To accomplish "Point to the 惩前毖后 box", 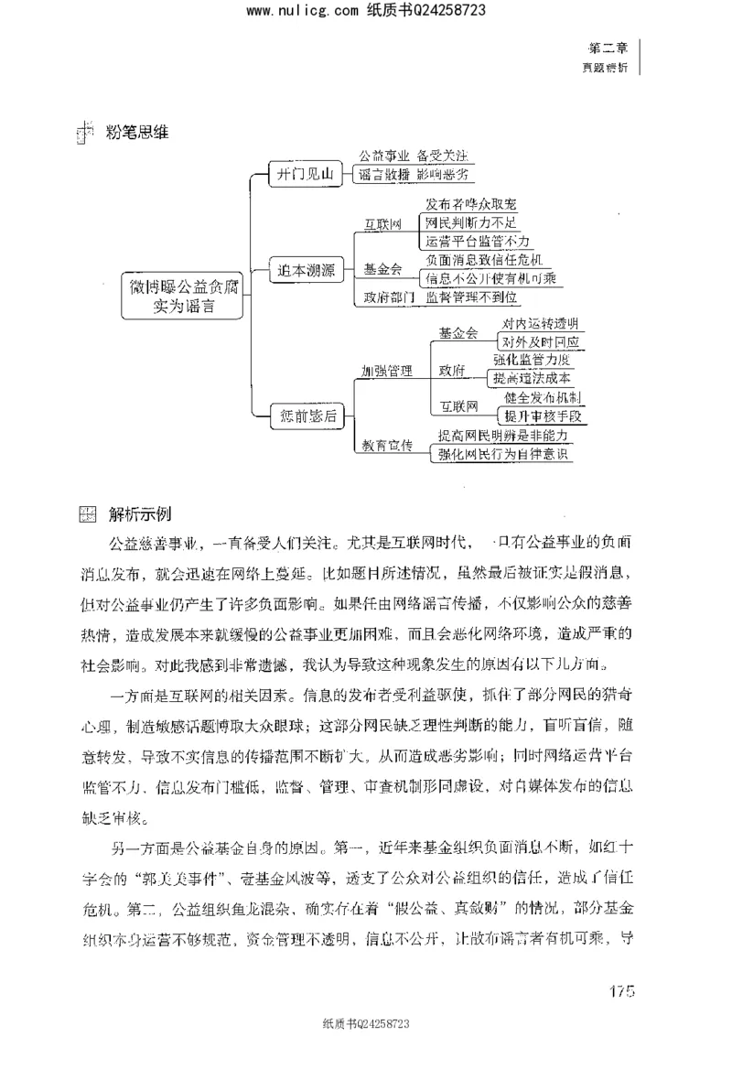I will [305, 416].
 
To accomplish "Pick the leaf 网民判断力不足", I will [471, 222].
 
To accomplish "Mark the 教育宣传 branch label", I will [386, 446].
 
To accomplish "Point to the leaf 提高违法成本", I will [532, 378].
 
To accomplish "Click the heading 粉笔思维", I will [137, 131].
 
